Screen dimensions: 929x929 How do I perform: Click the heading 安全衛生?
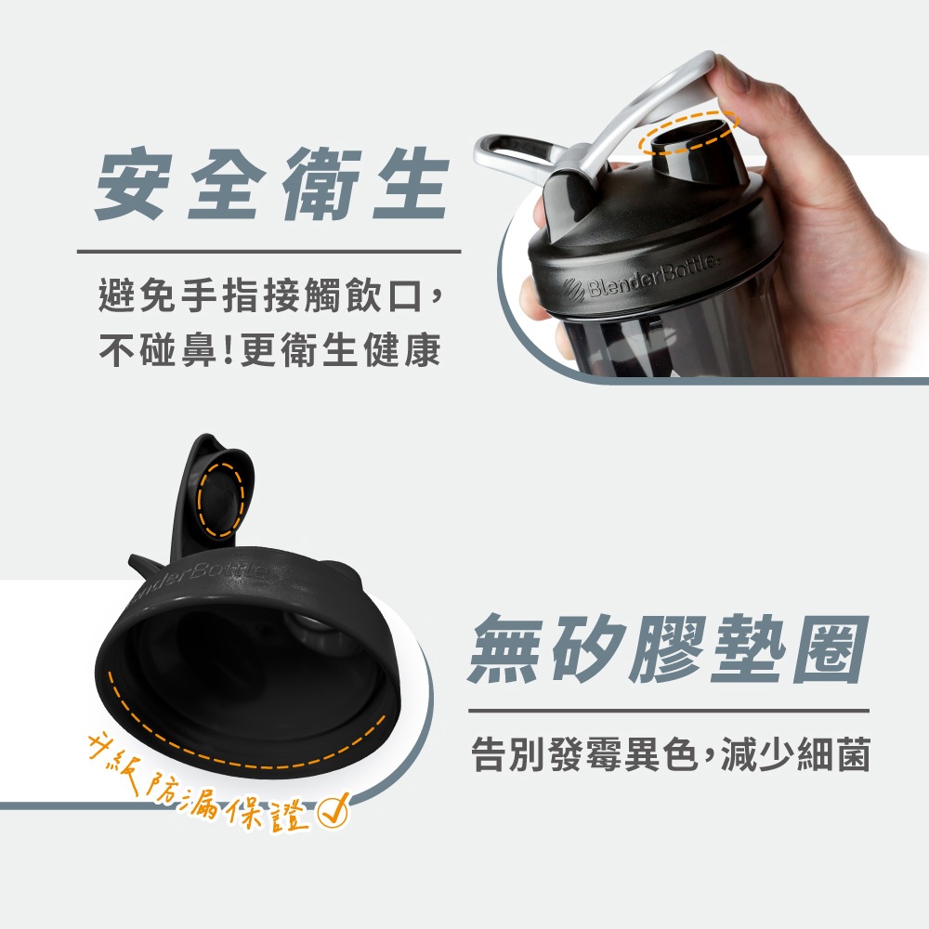[271, 184]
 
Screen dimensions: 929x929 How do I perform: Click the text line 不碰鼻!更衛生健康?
[270, 349]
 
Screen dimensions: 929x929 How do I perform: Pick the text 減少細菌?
[795, 754]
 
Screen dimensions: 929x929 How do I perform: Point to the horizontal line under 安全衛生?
[269, 251]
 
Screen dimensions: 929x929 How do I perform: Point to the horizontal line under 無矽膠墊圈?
[669, 710]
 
